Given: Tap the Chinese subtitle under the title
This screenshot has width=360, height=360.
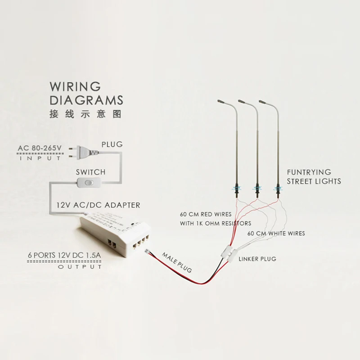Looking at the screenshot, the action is [x=85, y=113].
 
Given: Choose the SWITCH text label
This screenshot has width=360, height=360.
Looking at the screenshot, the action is [x=90, y=172].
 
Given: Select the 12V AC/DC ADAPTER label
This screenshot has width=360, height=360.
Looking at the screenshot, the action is [x=98, y=205].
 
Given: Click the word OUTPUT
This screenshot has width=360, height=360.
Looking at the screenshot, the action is [x=80, y=267].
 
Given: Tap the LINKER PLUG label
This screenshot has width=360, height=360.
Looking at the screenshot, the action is [x=257, y=259].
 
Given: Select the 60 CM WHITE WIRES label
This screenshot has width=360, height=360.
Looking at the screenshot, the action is [x=276, y=234].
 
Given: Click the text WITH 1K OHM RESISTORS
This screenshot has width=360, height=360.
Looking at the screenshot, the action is [x=216, y=223].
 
